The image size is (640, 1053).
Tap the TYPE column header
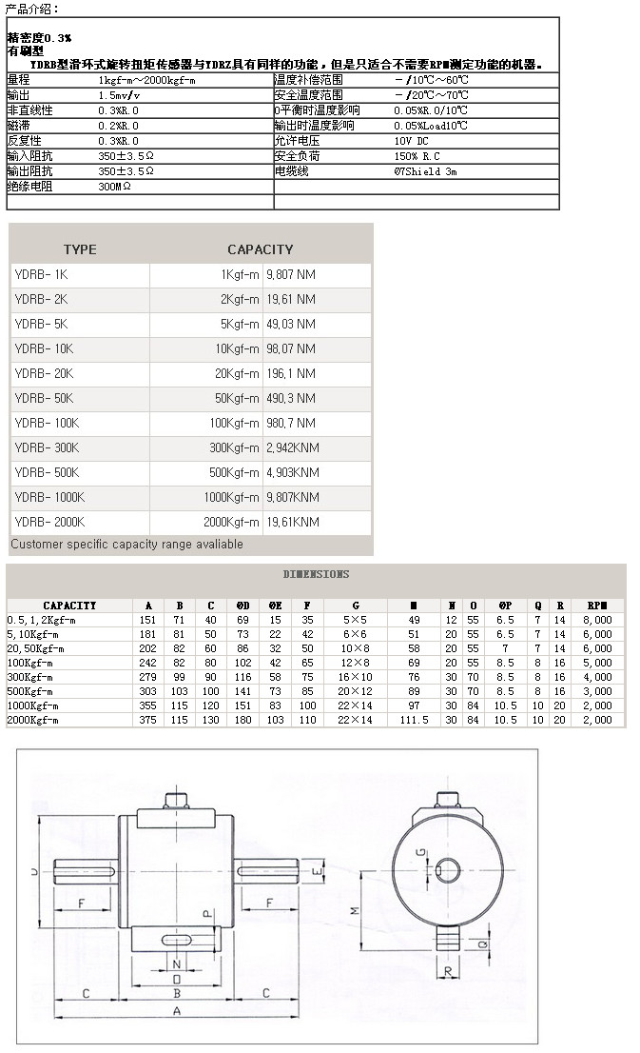click(x=80, y=249)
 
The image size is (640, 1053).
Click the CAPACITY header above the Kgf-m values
click(x=260, y=249)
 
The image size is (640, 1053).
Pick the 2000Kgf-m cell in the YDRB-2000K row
click(x=231, y=522)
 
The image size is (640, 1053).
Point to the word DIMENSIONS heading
click(x=316, y=574)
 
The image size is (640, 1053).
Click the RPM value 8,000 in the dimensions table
click(x=597, y=620)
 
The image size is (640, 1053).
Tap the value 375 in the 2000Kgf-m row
click(x=148, y=720)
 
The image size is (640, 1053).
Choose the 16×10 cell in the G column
click(x=355, y=677)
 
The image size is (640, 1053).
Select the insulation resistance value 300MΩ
click(x=115, y=187)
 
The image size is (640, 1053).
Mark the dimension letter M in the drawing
click(x=355, y=910)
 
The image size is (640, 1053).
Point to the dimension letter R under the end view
click(x=446, y=970)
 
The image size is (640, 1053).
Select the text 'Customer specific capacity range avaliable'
click(x=126, y=545)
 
